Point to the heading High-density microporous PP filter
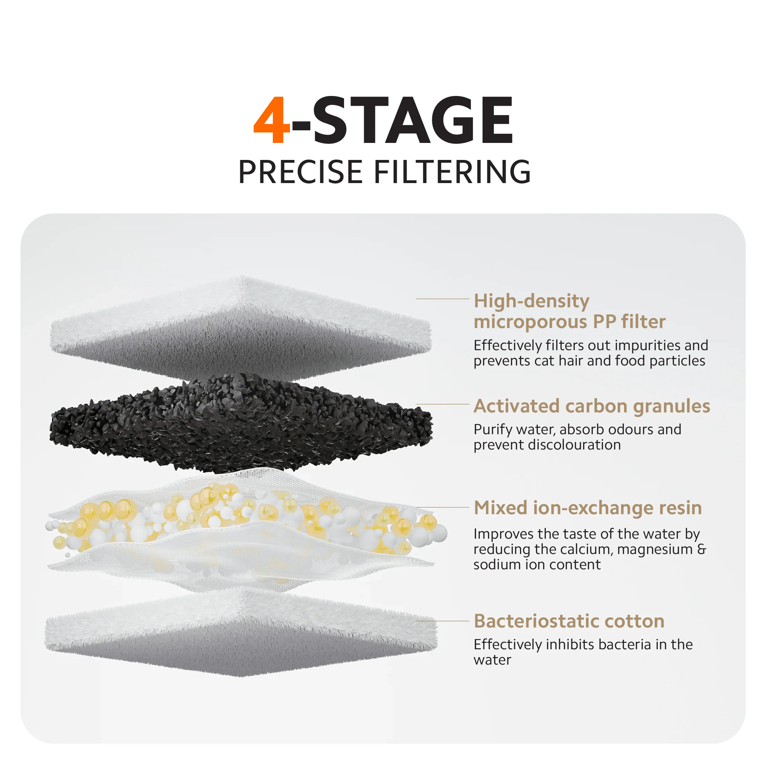pos(570,311)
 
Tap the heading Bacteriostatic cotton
pos(569,621)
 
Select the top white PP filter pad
pos(241,327)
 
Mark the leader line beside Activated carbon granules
pos(442,404)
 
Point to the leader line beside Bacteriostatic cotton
pos(442,621)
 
